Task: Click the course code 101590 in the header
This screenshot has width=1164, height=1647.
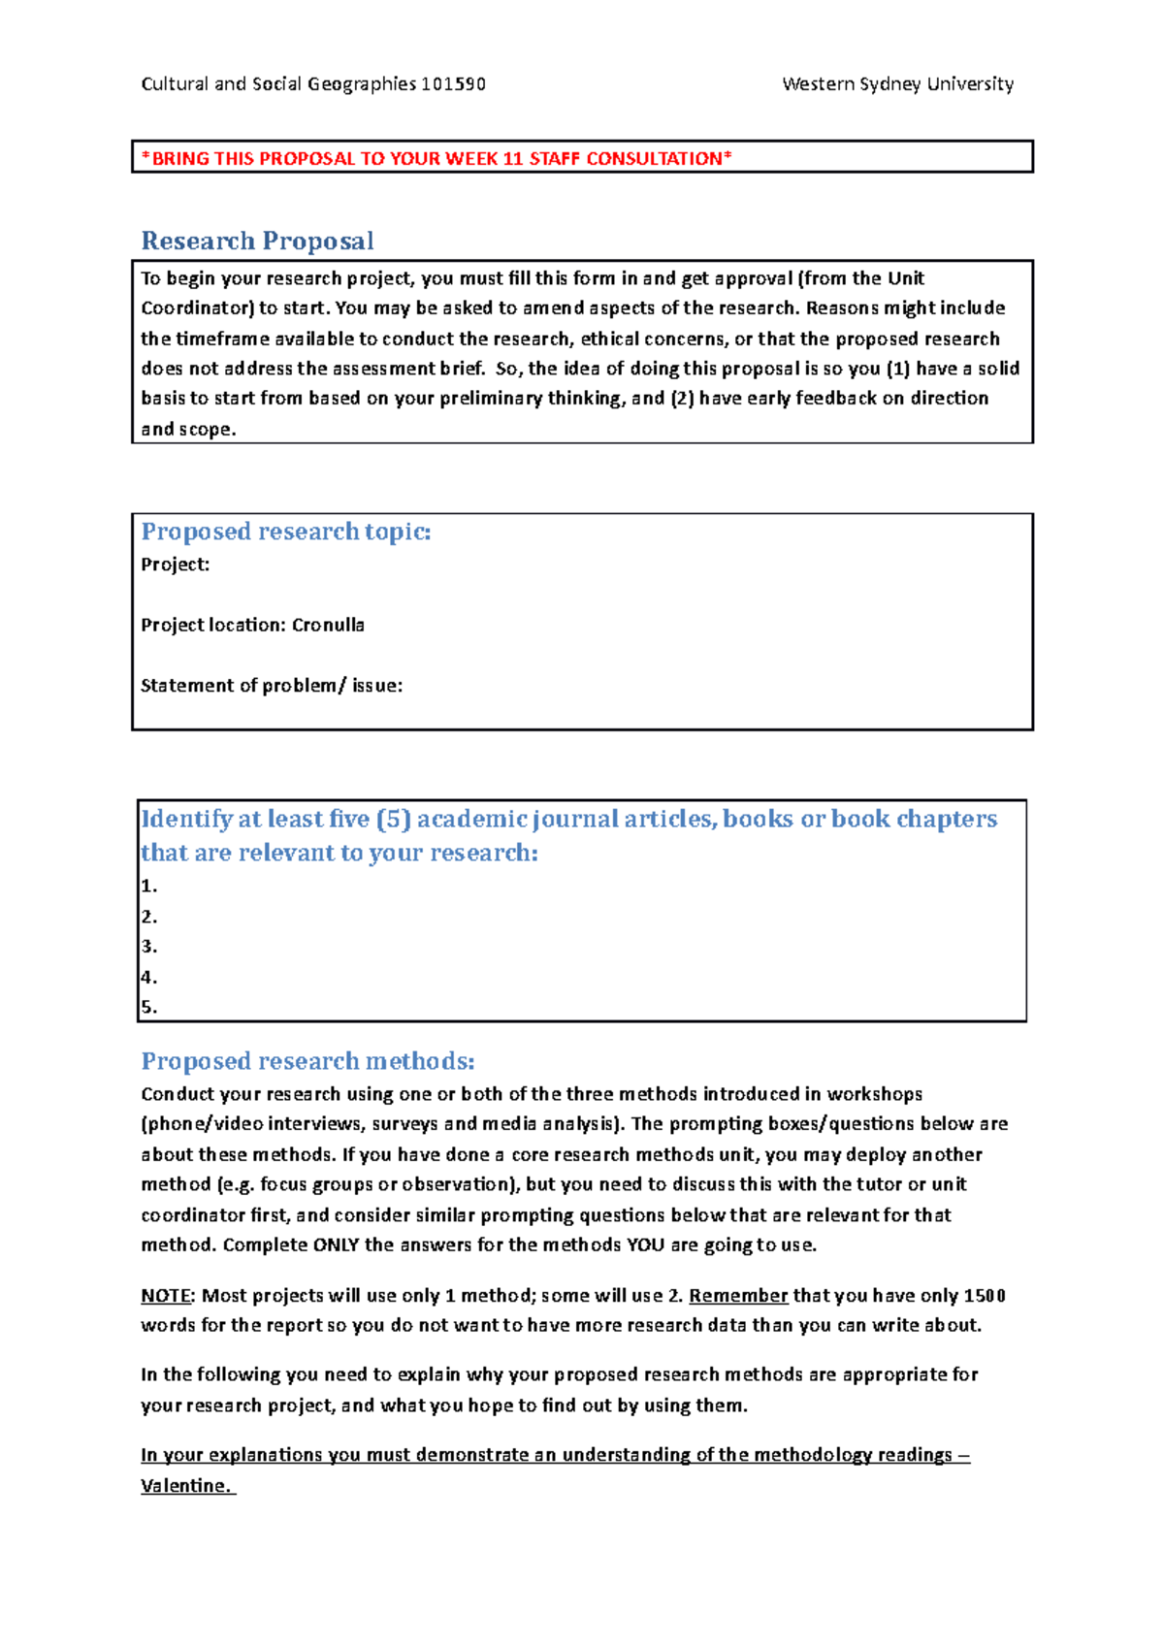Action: click(453, 84)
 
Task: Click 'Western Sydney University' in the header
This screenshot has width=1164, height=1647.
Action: click(897, 84)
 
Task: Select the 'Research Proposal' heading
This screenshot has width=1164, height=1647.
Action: click(257, 241)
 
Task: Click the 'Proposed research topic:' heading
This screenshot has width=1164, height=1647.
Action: click(285, 532)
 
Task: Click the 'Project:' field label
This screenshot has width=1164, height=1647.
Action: click(175, 565)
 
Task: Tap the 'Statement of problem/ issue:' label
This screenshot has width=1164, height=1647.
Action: click(271, 686)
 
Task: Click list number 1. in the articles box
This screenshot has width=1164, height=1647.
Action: click(148, 886)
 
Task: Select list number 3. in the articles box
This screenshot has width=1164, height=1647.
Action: click(148, 947)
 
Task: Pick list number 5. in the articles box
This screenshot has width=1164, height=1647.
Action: click(148, 1007)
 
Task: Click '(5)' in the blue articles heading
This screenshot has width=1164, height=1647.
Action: click(393, 820)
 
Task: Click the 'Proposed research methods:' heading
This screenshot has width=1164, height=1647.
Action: click(307, 1061)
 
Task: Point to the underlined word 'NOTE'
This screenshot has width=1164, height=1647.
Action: click(166, 1296)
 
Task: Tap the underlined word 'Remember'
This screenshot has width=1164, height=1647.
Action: click(737, 1296)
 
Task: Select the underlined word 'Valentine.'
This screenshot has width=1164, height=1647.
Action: click(187, 1486)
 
